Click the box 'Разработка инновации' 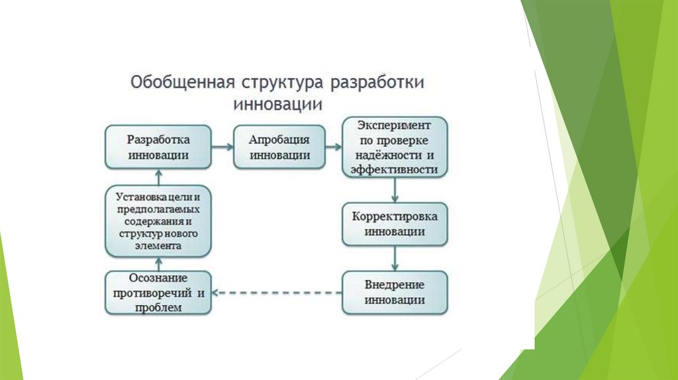[158, 147]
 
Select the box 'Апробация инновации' [279, 147]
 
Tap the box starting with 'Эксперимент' [395, 147]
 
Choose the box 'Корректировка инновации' [395, 224]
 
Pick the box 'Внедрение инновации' [395, 292]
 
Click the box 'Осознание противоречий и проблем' [158, 292]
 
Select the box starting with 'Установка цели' [158, 220]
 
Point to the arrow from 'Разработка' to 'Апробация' [222, 147]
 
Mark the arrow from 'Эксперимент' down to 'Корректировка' [395, 191]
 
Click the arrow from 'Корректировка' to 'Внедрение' [395, 258]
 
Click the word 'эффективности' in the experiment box [395, 169]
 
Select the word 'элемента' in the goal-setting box [158, 246]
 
